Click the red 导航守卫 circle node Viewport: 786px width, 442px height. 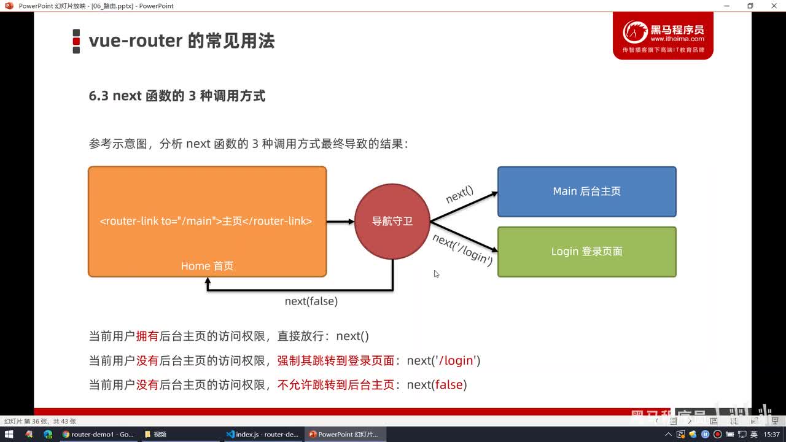[392, 222]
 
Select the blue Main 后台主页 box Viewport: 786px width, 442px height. [586, 192]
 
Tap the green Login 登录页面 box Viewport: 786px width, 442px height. [586, 252]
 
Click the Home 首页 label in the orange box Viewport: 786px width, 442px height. [207, 266]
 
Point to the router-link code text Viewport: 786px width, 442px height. [206, 221]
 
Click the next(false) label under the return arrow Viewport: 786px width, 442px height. [311, 301]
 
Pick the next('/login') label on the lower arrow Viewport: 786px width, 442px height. [462, 249]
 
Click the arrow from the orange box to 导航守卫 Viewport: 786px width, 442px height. [340, 222]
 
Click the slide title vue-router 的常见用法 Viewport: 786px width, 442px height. [181, 41]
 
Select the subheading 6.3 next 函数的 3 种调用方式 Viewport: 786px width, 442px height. [177, 96]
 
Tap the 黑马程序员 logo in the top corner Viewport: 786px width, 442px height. [663, 36]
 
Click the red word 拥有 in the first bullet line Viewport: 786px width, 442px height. [147, 336]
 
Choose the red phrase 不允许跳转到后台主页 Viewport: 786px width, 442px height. [335, 385]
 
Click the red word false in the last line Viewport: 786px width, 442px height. [448, 385]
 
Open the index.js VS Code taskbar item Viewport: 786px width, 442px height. [262, 434]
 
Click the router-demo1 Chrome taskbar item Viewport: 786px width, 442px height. [98, 434]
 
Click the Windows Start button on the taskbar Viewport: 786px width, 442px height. [9, 434]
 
